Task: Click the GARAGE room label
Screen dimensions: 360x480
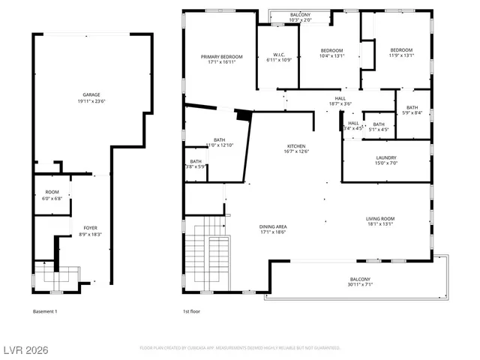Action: pyautogui.click(x=92, y=94)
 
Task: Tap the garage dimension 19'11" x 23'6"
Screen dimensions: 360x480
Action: pyautogui.click(x=92, y=100)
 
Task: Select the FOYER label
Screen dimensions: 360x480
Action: pyautogui.click(x=90, y=227)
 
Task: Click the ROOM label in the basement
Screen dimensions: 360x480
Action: pyautogui.click(x=52, y=192)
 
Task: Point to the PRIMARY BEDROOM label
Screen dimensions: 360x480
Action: pyautogui.click(x=221, y=57)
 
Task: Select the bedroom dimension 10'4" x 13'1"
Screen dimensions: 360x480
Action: pyautogui.click(x=331, y=55)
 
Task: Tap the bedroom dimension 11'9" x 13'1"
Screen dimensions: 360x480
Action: pyautogui.click(x=400, y=55)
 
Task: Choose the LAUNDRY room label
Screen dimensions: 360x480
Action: pyautogui.click(x=386, y=157)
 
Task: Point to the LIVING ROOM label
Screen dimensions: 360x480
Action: pyautogui.click(x=380, y=218)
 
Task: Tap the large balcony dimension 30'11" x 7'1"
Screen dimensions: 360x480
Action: pyautogui.click(x=359, y=285)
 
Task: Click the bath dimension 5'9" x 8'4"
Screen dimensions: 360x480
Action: pyautogui.click(x=412, y=113)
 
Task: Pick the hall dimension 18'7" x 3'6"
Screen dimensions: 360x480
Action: pyautogui.click(x=340, y=103)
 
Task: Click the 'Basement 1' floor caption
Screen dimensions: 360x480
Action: pyautogui.click(x=45, y=311)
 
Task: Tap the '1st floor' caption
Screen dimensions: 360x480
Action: pyautogui.click(x=193, y=311)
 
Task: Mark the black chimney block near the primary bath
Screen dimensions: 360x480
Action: pyautogui.click(x=242, y=115)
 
